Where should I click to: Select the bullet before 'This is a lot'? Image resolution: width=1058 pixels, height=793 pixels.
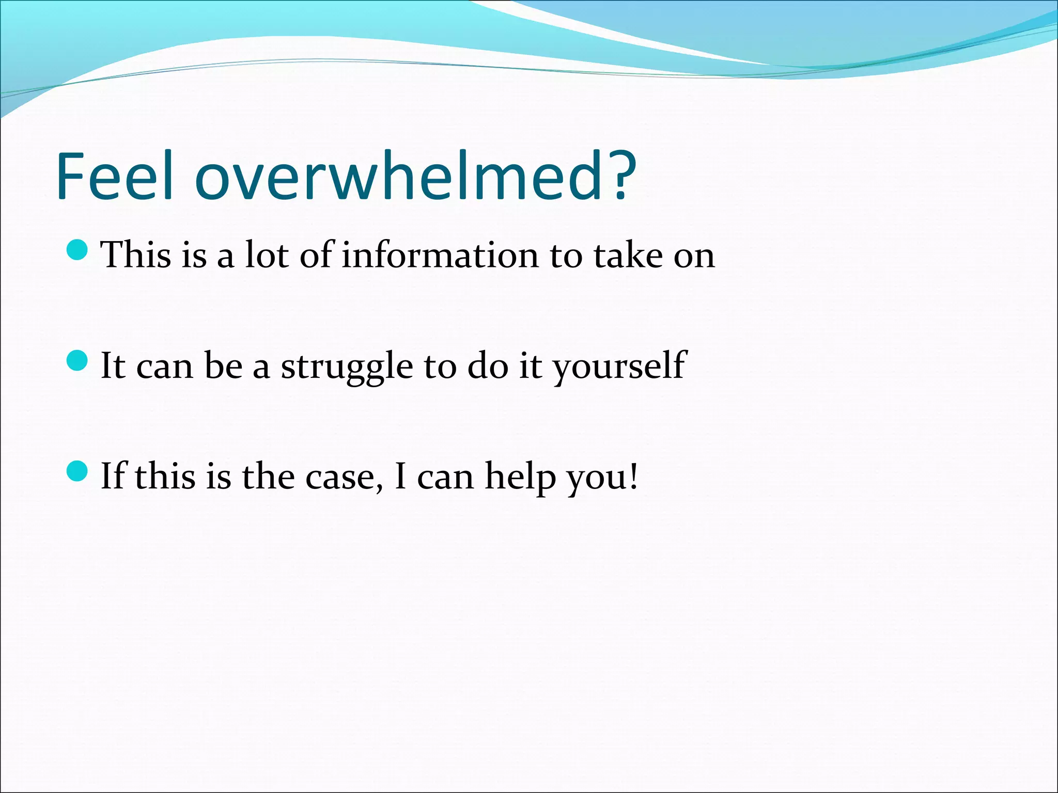point(77,249)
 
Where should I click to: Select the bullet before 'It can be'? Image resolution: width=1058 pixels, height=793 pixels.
point(77,360)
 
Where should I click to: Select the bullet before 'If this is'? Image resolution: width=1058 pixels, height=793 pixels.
point(77,471)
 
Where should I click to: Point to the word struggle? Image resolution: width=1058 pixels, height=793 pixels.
point(347,367)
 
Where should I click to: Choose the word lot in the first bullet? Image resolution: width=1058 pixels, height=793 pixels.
point(266,255)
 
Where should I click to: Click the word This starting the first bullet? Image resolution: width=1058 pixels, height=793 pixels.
point(135,255)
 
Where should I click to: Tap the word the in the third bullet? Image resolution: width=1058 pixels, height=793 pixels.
point(268,477)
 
